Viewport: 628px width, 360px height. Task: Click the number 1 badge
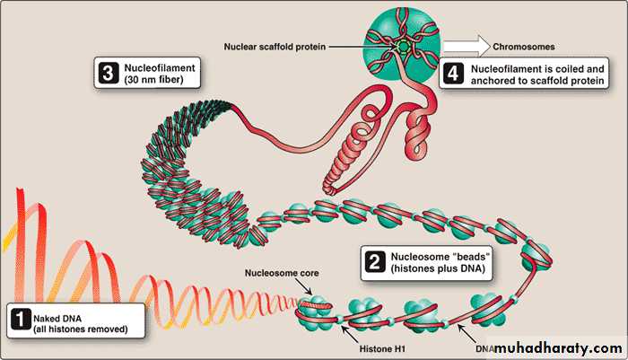19,317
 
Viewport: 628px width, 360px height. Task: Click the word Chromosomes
524,43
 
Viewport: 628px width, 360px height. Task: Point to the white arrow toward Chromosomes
462,43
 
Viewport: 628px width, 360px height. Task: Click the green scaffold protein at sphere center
406,44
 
